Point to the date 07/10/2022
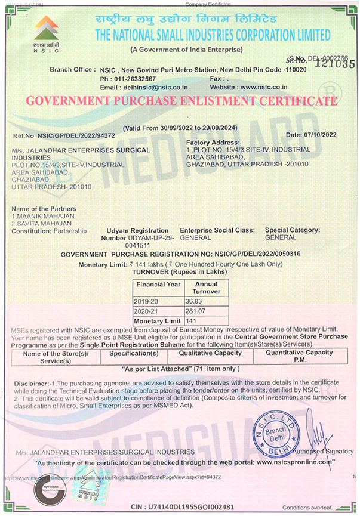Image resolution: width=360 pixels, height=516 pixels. (x=329, y=135)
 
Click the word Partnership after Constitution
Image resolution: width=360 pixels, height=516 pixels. (x=69, y=230)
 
